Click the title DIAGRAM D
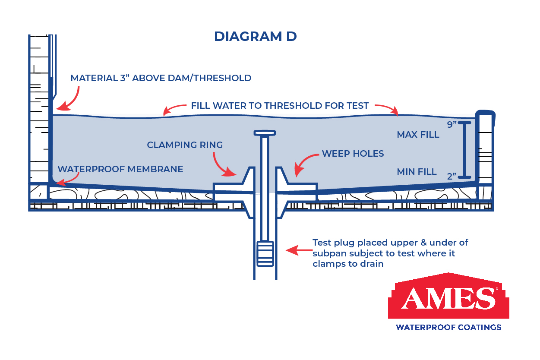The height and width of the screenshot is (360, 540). pyautogui.click(x=255, y=37)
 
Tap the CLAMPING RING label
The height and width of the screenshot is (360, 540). pyautogui.click(x=185, y=145)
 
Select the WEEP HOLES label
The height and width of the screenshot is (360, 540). pyautogui.click(x=353, y=154)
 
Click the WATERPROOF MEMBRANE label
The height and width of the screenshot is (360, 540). pyautogui.click(x=120, y=169)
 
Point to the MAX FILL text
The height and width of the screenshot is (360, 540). pyautogui.click(x=418, y=135)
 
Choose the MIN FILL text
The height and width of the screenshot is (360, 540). pyautogui.click(x=417, y=172)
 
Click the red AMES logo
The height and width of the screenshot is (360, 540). pyautogui.click(x=448, y=296)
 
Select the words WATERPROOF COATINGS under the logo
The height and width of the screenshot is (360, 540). pyautogui.click(x=448, y=328)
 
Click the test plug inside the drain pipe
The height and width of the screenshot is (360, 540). pyautogui.click(x=265, y=254)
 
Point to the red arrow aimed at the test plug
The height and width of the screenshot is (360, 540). pyautogui.click(x=299, y=250)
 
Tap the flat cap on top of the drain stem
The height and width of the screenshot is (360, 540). pyautogui.click(x=265, y=133)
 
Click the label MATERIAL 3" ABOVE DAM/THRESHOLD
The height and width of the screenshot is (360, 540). pyautogui.click(x=161, y=78)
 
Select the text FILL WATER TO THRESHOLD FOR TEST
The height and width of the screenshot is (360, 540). pyautogui.click(x=280, y=106)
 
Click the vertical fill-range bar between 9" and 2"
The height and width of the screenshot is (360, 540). pyautogui.click(x=464, y=150)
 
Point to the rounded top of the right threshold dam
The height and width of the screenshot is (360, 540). pyautogui.click(x=485, y=113)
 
